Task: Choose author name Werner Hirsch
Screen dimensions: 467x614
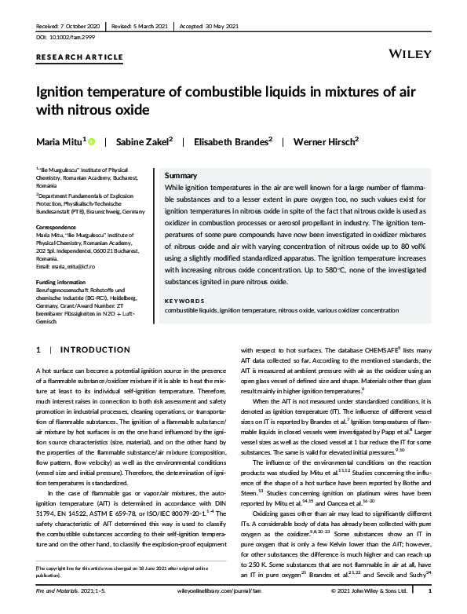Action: pyautogui.click(x=325, y=142)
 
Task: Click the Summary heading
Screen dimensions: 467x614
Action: pyautogui.click(x=181, y=176)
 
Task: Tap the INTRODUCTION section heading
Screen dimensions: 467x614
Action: pyautogui.click(x=96, y=349)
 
